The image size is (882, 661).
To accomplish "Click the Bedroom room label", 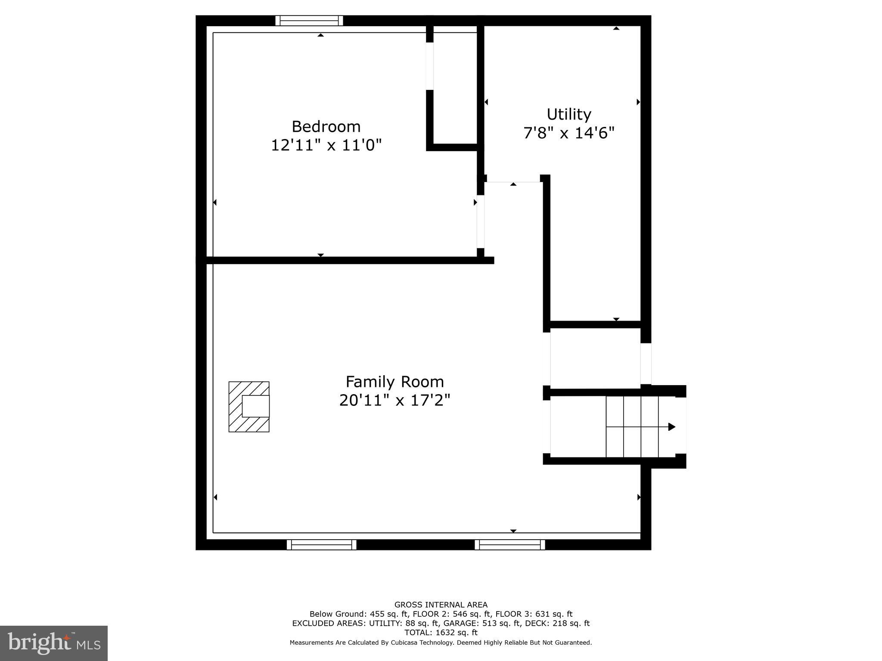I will pos(326,127).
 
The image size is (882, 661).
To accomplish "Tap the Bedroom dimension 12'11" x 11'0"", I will pos(326,145).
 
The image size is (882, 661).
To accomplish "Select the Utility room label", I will pos(568,114).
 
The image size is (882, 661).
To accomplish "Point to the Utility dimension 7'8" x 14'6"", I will pos(568,133).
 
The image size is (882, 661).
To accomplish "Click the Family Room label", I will pos(394,382).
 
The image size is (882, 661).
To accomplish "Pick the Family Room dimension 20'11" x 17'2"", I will pos(394,400).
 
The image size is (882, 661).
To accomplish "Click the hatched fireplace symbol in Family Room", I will pos(248,407).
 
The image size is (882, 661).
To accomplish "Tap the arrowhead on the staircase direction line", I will pos(671,427).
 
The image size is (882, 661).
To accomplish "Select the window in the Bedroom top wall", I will pos(309,21).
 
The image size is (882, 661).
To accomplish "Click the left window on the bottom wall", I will pos(322,545).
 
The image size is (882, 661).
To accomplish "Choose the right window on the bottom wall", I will pos(510,545).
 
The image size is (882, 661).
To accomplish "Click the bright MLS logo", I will pos(54,643).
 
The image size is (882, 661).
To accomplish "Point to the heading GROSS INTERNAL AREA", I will pos(441,605).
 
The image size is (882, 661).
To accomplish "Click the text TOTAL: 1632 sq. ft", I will pos(441,633).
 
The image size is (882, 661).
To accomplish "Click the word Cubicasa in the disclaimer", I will pos(407,642).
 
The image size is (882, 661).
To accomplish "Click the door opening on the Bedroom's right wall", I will pos(480,221).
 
